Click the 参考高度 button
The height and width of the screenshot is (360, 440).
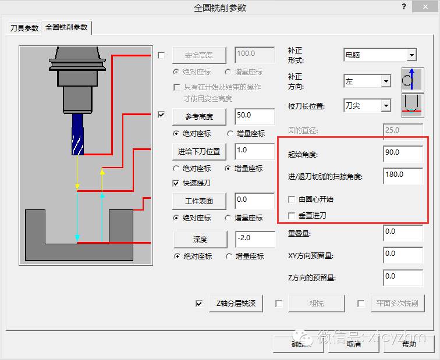point(198,116)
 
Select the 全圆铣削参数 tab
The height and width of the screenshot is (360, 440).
point(66,27)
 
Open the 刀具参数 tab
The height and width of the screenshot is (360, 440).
point(24,28)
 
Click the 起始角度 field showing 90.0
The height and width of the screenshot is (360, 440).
point(403,153)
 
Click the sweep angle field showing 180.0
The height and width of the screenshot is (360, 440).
point(403,175)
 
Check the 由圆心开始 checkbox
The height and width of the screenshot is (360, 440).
point(292,199)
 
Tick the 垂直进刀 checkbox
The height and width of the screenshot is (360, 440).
point(292,216)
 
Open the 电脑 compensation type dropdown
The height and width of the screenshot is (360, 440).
point(411,55)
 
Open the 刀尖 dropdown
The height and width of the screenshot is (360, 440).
point(385,106)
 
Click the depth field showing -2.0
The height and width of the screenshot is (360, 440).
point(254,239)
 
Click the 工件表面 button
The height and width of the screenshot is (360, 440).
point(198,201)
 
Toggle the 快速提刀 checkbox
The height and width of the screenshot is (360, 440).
point(176,183)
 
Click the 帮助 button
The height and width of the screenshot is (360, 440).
point(409,344)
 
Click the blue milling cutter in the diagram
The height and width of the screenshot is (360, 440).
point(77,134)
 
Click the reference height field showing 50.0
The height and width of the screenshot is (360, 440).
point(254,116)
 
